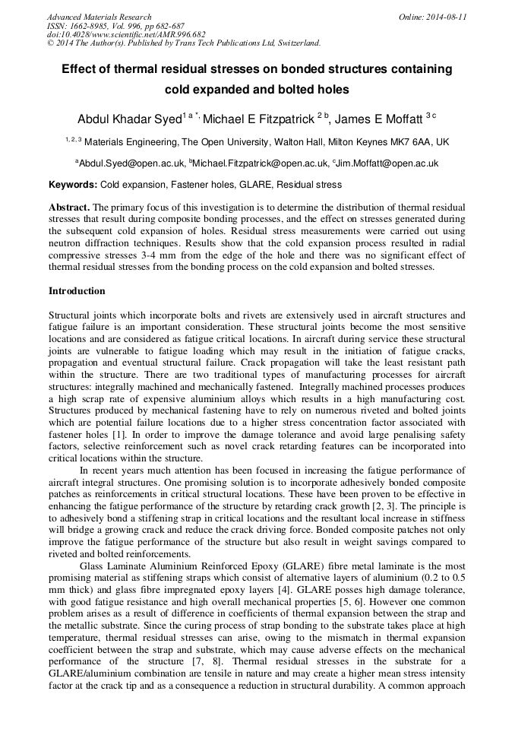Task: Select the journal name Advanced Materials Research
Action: coord(100,17)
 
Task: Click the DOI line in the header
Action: coord(126,34)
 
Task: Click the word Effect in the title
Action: coord(80,69)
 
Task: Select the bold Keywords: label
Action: coord(73,185)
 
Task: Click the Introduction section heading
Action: coord(77,291)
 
